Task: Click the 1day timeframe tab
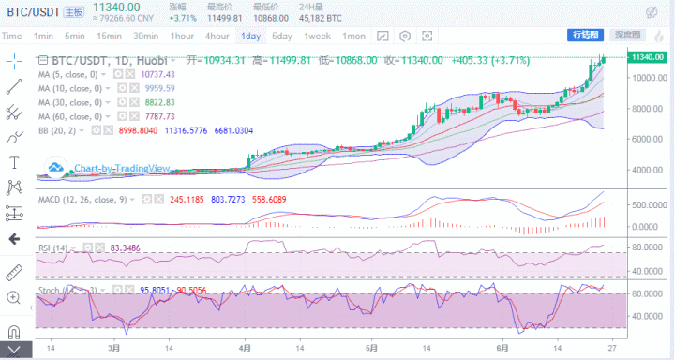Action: click(x=250, y=36)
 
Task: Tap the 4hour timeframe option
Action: click(x=217, y=36)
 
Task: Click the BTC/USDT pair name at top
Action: click(x=32, y=10)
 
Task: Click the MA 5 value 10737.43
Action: click(x=158, y=73)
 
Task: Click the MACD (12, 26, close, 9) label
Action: click(x=85, y=200)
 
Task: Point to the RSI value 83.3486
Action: click(x=125, y=247)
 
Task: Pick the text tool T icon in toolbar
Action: click(x=13, y=161)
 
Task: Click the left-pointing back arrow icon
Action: click(x=13, y=239)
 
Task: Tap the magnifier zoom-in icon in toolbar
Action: click(x=13, y=297)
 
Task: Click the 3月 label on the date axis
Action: click(x=113, y=347)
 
